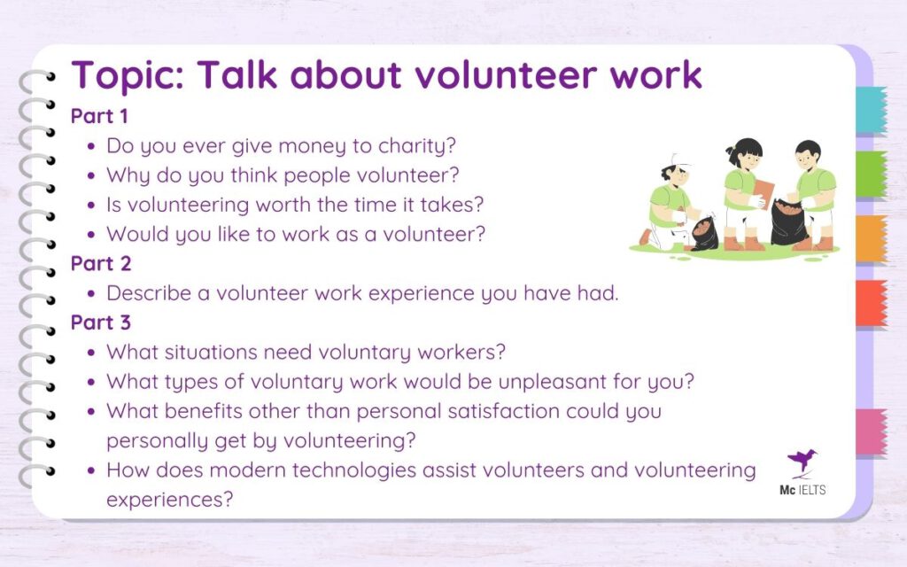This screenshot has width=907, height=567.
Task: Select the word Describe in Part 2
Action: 148,293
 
